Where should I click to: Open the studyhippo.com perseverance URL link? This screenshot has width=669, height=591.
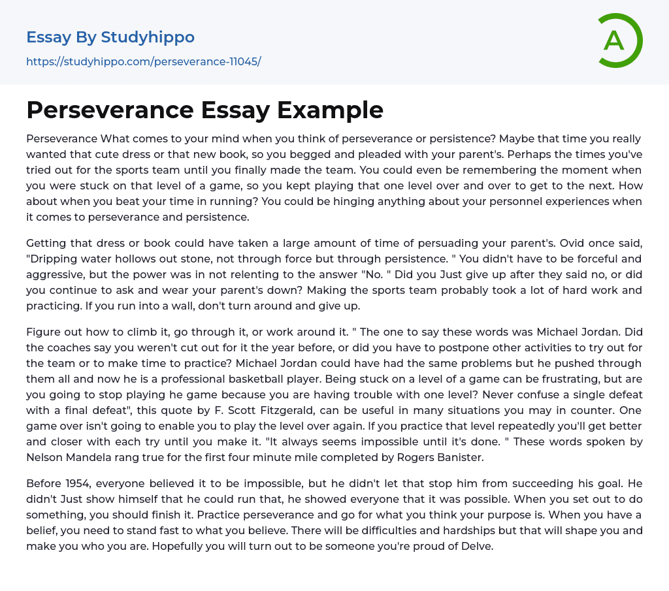pos(143,61)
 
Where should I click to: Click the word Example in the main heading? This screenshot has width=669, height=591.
pos(330,110)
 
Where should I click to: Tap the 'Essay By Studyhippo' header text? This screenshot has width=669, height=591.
pos(110,37)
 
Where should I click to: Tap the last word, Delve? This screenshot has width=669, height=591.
pos(478,547)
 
